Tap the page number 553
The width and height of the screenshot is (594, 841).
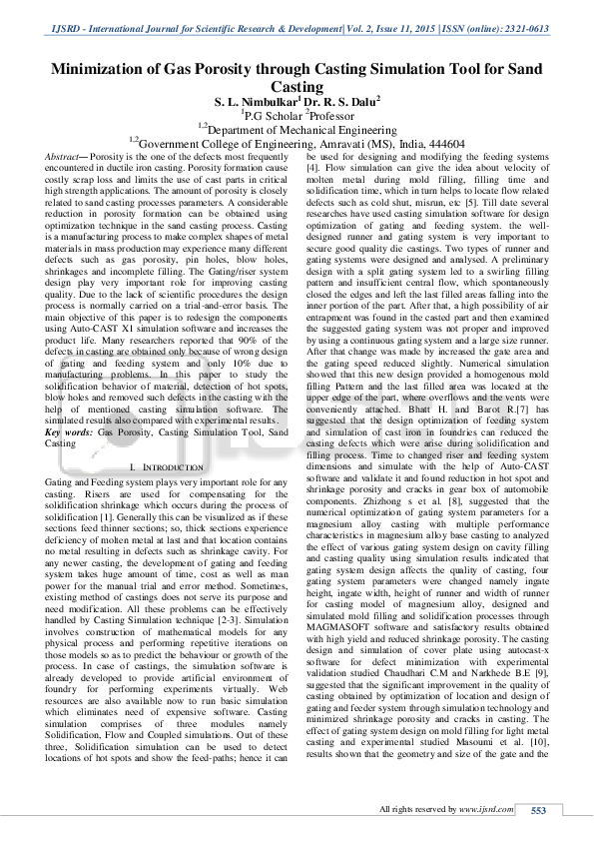[538, 809]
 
